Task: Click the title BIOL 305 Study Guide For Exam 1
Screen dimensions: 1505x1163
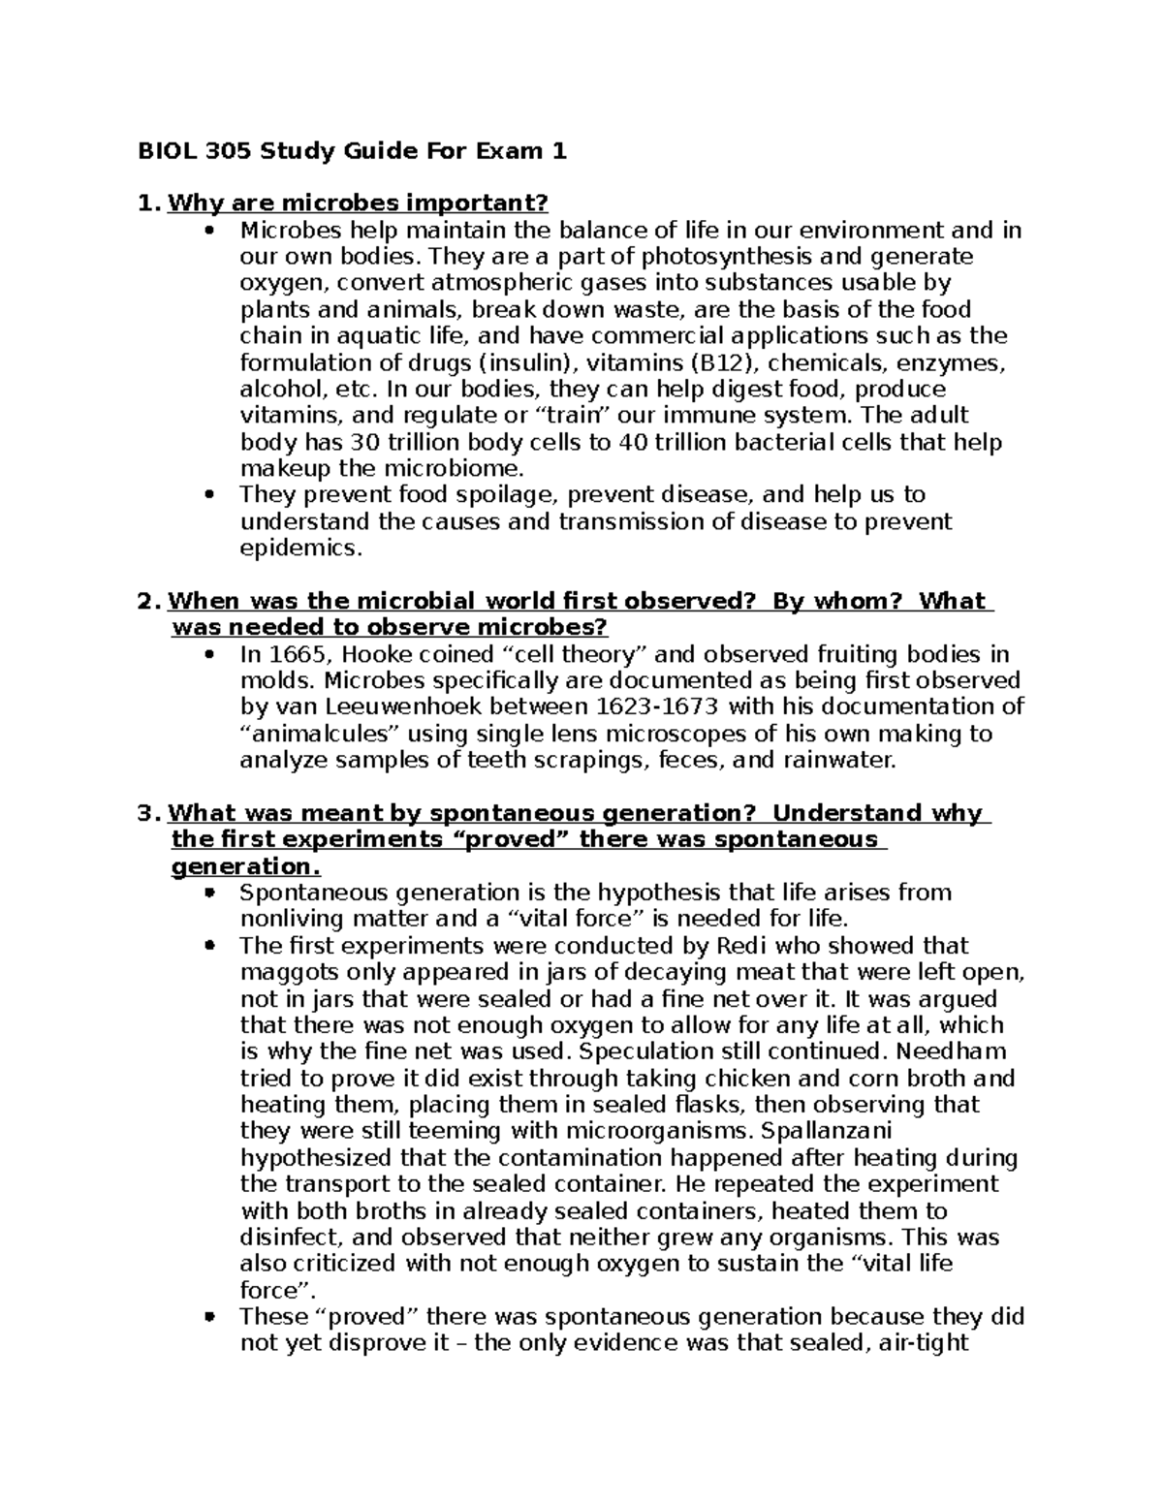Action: [x=352, y=151]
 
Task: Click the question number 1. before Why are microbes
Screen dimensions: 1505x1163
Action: [x=147, y=204]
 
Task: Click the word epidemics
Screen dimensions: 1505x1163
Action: [x=299, y=549]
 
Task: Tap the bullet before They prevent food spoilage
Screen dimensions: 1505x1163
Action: [x=209, y=495]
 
